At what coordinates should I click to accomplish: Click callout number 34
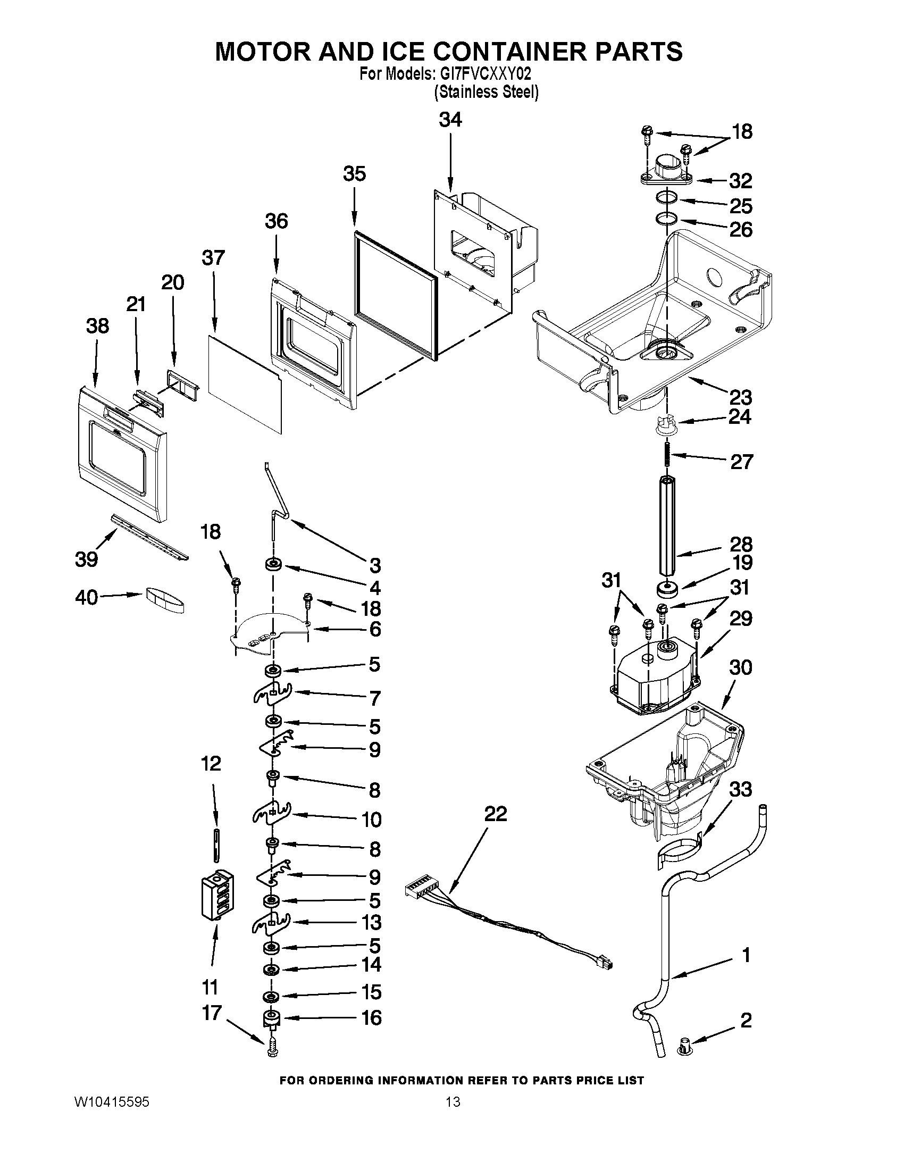(x=450, y=120)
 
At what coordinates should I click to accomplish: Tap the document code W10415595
(x=111, y=1102)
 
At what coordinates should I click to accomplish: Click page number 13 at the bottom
(x=453, y=1102)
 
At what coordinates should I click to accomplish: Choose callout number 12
(x=211, y=763)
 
